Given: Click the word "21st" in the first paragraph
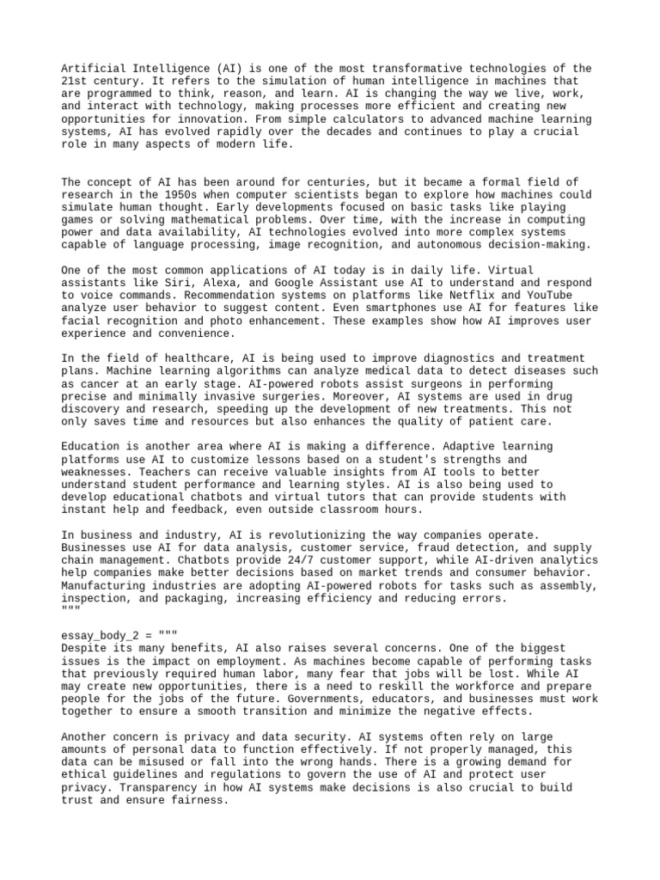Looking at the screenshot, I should (76, 82).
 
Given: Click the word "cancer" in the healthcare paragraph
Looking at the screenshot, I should (102, 383).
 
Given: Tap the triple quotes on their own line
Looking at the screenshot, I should (70, 609).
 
